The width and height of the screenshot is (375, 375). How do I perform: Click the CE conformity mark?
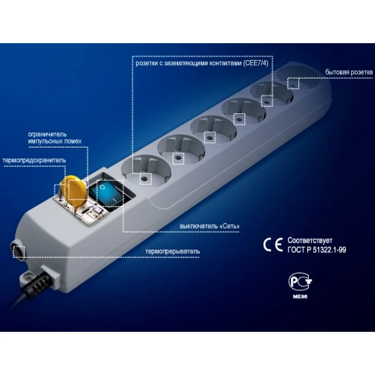point(273,245)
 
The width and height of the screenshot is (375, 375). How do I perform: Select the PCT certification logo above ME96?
point(300,281)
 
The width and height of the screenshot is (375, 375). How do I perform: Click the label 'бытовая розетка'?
point(349,72)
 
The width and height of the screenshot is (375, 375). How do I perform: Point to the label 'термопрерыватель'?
point(172,251)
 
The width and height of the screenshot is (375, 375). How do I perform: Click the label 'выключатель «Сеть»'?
point(209,226)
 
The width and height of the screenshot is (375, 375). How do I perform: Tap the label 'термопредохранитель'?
point(34,160)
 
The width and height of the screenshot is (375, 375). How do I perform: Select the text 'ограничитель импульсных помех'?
point(55,137)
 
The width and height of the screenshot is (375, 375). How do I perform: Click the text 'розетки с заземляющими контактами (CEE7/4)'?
point(202,63)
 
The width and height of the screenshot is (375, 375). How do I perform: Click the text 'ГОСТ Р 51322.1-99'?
point(317,250)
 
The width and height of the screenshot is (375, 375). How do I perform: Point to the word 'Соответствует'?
point(310,240)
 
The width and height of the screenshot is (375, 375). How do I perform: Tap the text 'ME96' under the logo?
point(300,297)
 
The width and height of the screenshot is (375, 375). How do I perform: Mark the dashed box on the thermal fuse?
point(59,192)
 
